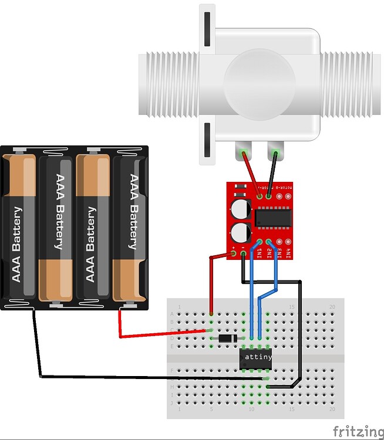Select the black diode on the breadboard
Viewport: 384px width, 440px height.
pos(227,339)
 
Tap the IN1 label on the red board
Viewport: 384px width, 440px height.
pos(259,253)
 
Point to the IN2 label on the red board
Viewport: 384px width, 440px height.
pos(269,253)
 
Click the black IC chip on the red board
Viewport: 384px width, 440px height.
pos(272,218)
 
